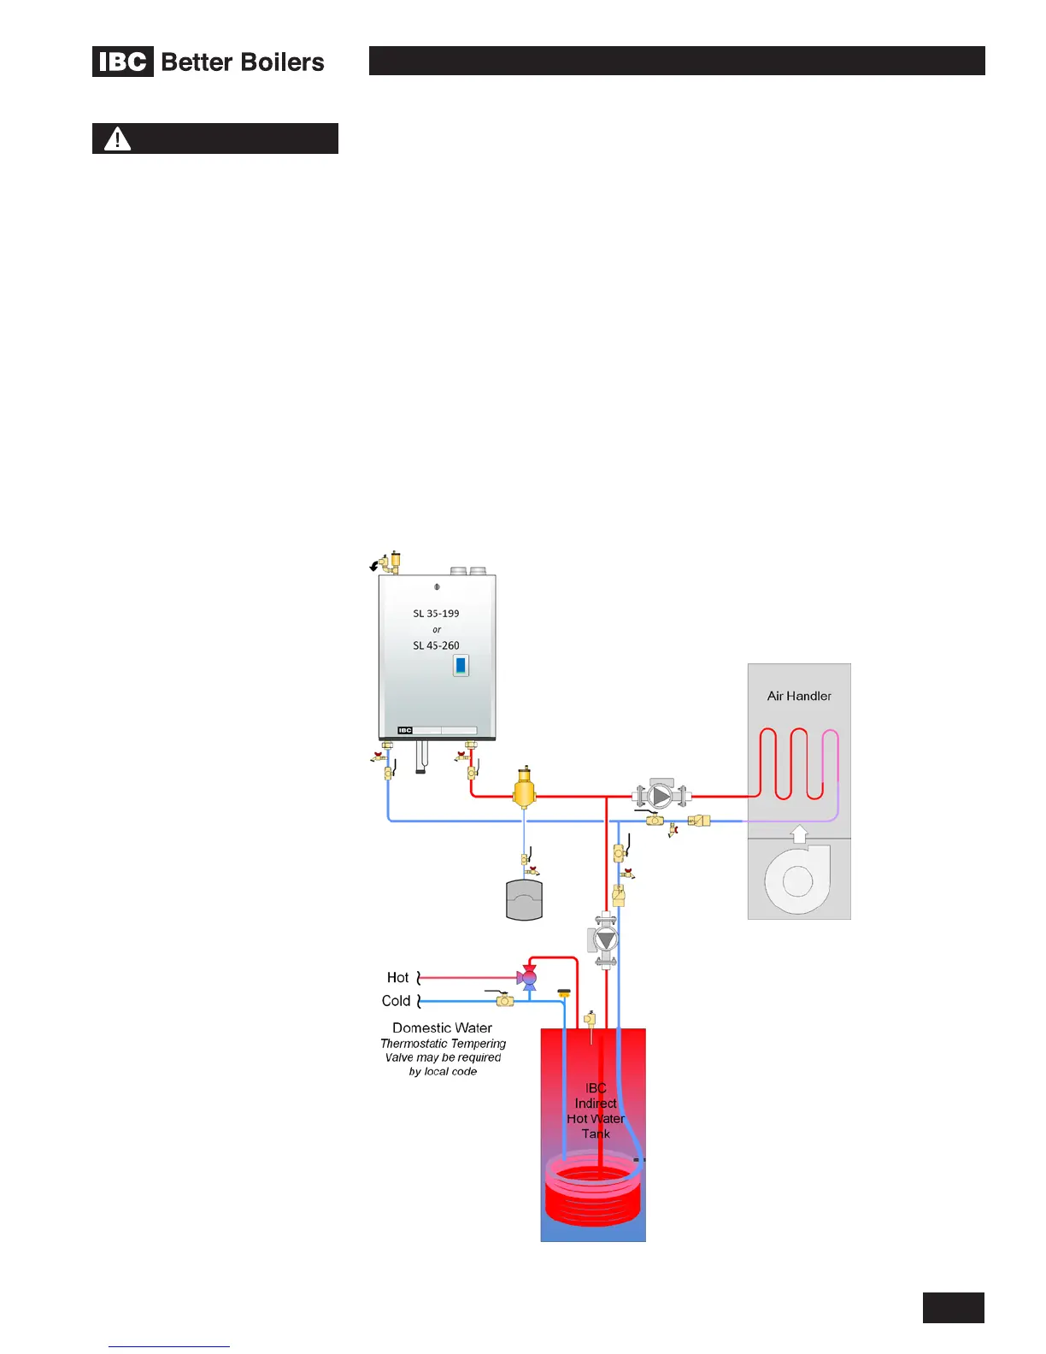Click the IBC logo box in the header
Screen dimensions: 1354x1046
(123, 62)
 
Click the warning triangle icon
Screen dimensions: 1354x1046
(117, 138)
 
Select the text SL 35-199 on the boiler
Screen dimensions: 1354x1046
(436, 613)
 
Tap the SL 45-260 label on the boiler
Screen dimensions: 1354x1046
(436, 645)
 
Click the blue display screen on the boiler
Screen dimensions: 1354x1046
(461, 665)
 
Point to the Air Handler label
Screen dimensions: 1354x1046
(799, 696)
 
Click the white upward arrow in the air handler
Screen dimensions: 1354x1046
(799, 833)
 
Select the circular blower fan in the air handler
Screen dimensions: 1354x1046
(797, 880)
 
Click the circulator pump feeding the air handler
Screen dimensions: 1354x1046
(661, 796)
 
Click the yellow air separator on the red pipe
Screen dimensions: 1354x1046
(524, 790)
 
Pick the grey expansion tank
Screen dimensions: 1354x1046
(524, 900)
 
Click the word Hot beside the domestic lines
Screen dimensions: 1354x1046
(397, 977)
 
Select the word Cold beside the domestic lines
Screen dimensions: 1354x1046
(396, 1001)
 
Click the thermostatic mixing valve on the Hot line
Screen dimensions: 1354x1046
(528, 977)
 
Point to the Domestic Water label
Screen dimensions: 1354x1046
(442, 1027)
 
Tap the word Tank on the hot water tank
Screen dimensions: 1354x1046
(596, 1133)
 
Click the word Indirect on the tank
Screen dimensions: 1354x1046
(596, 1104)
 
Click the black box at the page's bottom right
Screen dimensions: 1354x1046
(953, 1308)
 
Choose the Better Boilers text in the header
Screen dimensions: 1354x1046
(243, 62)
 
